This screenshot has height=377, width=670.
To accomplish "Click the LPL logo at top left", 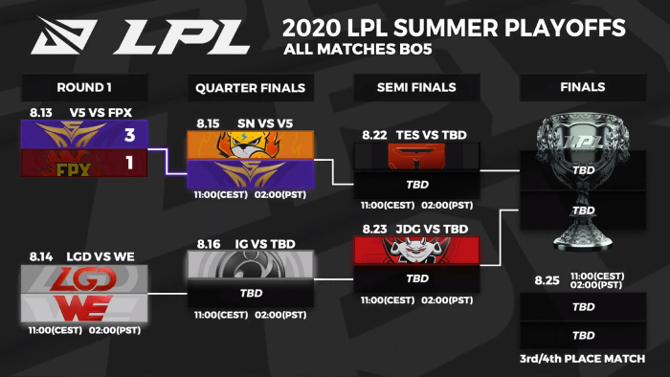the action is pyautogui.click(x=141, y=35).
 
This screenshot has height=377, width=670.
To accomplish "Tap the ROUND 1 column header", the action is pyautogui.click(x=84, y=87).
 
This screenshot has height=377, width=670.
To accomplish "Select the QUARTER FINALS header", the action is pyautogui.click(x=251, y=88).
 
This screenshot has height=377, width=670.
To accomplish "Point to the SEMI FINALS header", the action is pyautogui.click(x=416, y=87).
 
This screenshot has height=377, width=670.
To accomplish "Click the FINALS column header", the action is pyautogui.click(x=582, y=87).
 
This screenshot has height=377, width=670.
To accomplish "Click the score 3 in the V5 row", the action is pyautogui.click(x=130, y=135).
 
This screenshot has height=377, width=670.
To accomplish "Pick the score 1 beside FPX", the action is pyautogui.click(x=129, y=163).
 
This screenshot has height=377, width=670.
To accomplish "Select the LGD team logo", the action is pyautogui.click(x=84, y=279).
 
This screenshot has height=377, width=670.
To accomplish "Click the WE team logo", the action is pyautogui.click(x=84, y=308).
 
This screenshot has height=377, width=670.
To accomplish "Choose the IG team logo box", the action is pyautogui.click(x=251, y=265).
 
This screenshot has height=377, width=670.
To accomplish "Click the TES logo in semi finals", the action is pyautogui.click(x=416, y=156).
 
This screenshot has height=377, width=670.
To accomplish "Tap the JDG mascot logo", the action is pyautogui.click(x=416, y=251).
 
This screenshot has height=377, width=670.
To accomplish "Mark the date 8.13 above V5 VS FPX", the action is pyautogui.click(x=41, y=113).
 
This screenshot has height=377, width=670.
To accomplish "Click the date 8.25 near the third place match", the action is pyautogui.click(x=547, y=280).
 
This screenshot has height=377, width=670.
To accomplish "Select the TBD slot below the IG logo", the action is pyautogui.click(x=251, y=294).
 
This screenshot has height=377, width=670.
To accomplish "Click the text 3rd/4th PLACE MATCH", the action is pyautogui.click(x=582, y=359).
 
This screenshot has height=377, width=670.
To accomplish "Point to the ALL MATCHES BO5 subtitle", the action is pyautogui.click(x=358, y=49).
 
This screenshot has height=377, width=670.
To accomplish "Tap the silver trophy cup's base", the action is pyautogui.click(x=582, y=240).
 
